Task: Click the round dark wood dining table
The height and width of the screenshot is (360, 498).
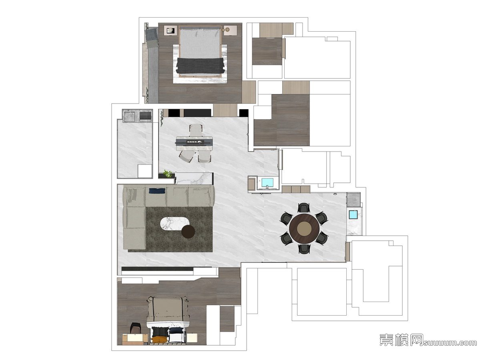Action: [304, 228]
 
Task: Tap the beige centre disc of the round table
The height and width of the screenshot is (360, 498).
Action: [304, 228]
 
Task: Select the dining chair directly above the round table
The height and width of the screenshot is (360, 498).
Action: [304, 208]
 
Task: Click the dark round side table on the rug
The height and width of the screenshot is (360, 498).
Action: [188, 232]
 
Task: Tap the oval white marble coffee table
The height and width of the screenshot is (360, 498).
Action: [175, 224]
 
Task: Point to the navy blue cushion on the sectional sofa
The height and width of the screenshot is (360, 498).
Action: [157, 190]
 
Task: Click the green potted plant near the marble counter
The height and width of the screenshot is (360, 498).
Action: [168, 174]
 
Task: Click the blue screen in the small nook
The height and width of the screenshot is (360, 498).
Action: [267, 182]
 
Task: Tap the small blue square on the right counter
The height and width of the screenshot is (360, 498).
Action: [353, 215]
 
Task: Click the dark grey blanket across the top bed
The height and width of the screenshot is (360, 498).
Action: [200, 66]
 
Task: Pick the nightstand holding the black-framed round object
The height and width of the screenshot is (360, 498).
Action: [171, 30]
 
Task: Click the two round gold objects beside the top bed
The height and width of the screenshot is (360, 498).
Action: [225, 30]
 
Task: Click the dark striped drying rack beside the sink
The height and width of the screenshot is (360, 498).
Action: [145, 116]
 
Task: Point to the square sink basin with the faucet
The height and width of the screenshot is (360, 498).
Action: [129, 116]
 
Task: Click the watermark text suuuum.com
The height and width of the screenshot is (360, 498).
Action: [450, 343]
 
